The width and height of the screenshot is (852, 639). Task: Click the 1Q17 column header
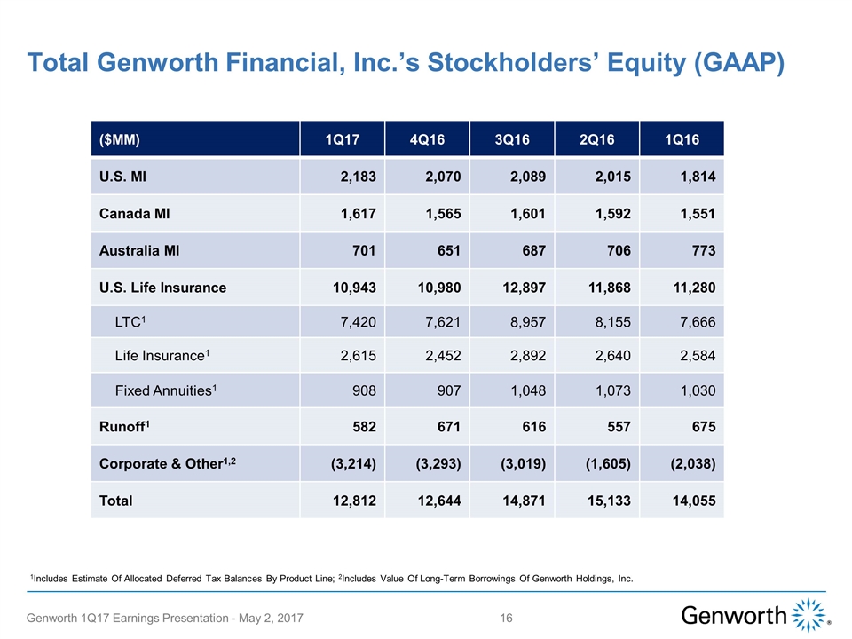click(342, 140)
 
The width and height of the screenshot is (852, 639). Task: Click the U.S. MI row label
click(124, 177)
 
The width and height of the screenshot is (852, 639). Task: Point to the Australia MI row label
click(139, 251)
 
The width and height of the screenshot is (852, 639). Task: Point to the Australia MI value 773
click(700, 251)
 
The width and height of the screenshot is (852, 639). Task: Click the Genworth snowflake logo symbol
click(808, 615)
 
